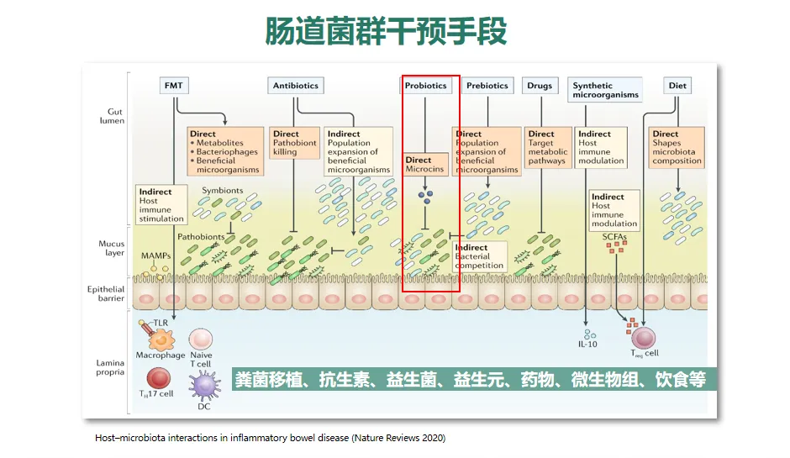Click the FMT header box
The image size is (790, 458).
175,85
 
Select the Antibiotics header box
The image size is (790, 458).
297,85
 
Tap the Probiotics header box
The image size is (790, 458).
426,85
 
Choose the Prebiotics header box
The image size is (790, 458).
487,85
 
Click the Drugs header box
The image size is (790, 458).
540,85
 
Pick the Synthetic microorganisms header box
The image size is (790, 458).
604,90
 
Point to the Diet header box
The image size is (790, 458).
677,85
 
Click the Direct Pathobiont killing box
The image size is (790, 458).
293,144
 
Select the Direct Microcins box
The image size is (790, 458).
420,165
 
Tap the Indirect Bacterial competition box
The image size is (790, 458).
480,256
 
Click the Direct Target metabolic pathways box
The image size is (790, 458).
547,147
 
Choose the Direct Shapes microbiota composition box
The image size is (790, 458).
677,147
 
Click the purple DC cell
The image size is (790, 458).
203,386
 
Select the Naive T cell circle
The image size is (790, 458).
201,338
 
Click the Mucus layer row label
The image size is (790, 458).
112,248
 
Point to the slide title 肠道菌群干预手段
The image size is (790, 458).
386,31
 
